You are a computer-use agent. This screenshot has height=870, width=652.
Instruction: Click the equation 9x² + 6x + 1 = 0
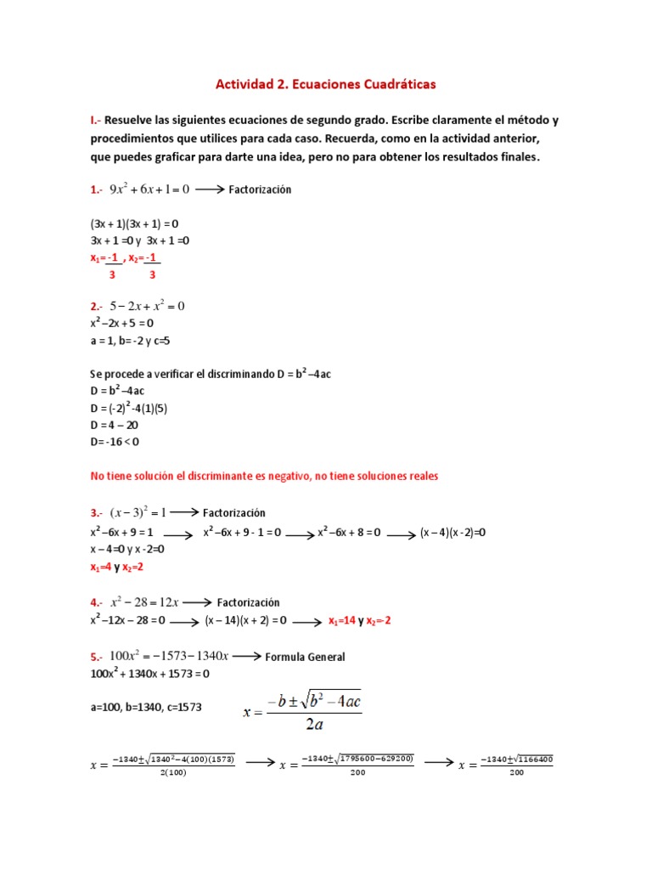[x=149, y=189]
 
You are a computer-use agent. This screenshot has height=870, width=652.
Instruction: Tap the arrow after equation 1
[x=209, y=190]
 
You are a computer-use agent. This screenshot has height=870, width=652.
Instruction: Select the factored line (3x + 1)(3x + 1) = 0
[x=134, y=223]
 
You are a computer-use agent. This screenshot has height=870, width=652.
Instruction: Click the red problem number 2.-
[x=97, y=306]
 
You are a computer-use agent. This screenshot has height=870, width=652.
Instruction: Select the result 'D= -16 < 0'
[x=115, y=441]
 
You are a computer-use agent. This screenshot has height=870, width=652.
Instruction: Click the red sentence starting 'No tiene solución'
[x=264, y=476]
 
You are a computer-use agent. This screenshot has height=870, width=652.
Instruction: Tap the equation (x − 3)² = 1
[x=139, y=512]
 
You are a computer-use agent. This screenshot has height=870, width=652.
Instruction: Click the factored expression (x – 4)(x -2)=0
[x=452, y=533]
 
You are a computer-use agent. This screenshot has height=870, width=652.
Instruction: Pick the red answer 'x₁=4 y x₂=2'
[x=117, y=567]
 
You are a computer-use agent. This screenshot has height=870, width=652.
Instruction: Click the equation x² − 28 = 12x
[x=143, y=602]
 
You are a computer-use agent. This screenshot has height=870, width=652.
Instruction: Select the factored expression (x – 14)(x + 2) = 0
[x=246, y=621]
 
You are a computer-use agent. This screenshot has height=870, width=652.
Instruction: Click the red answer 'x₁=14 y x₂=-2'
[x=360, y=621]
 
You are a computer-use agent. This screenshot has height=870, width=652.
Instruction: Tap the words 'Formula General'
[x=305, y=657]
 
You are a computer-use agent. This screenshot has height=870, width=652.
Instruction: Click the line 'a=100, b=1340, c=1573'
[x=145, y=707]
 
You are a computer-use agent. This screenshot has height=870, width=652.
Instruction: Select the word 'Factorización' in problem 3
[x=234, y=512]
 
